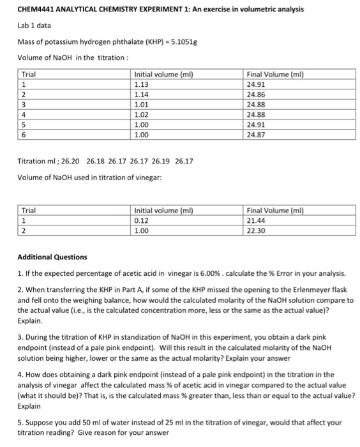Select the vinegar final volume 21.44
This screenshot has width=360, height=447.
click(x=257, y=220)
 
